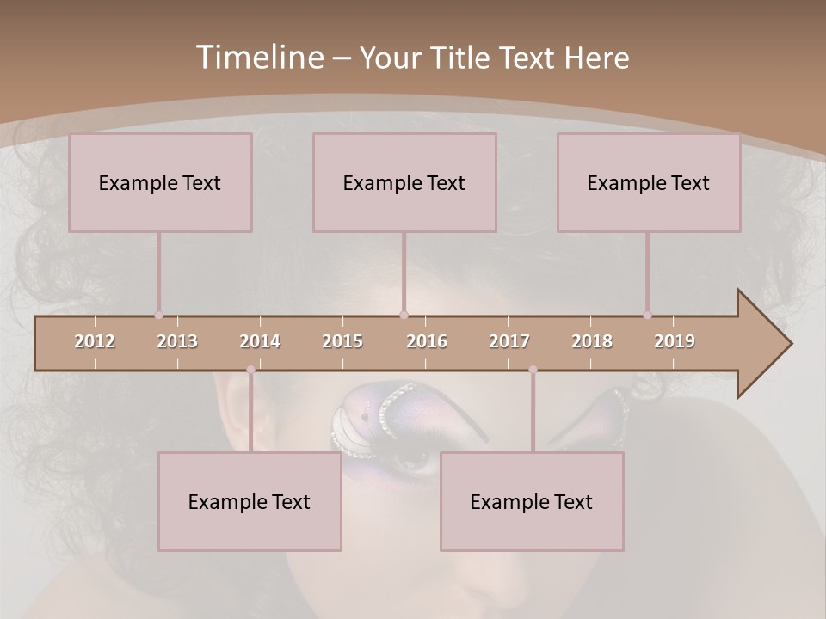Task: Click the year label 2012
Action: point(95,341)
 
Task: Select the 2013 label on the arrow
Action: point(177,341)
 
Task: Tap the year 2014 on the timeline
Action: point(260,341)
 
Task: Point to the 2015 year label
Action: point(342,341)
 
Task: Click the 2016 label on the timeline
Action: point(427,341)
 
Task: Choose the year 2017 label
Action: point(509,341)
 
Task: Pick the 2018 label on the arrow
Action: point(592,341)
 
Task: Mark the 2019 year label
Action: point(675,341)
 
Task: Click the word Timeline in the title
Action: point(259,58)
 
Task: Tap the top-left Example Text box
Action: point(160,182)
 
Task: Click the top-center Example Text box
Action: point(404,182)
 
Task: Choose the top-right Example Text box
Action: point(649,182)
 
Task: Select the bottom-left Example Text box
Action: point(250,501)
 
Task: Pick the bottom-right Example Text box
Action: point(532,501)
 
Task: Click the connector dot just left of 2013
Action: point(158,315)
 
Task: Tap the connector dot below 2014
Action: point(250,370)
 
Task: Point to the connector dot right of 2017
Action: point(533,370)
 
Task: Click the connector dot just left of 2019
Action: point(647,315)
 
